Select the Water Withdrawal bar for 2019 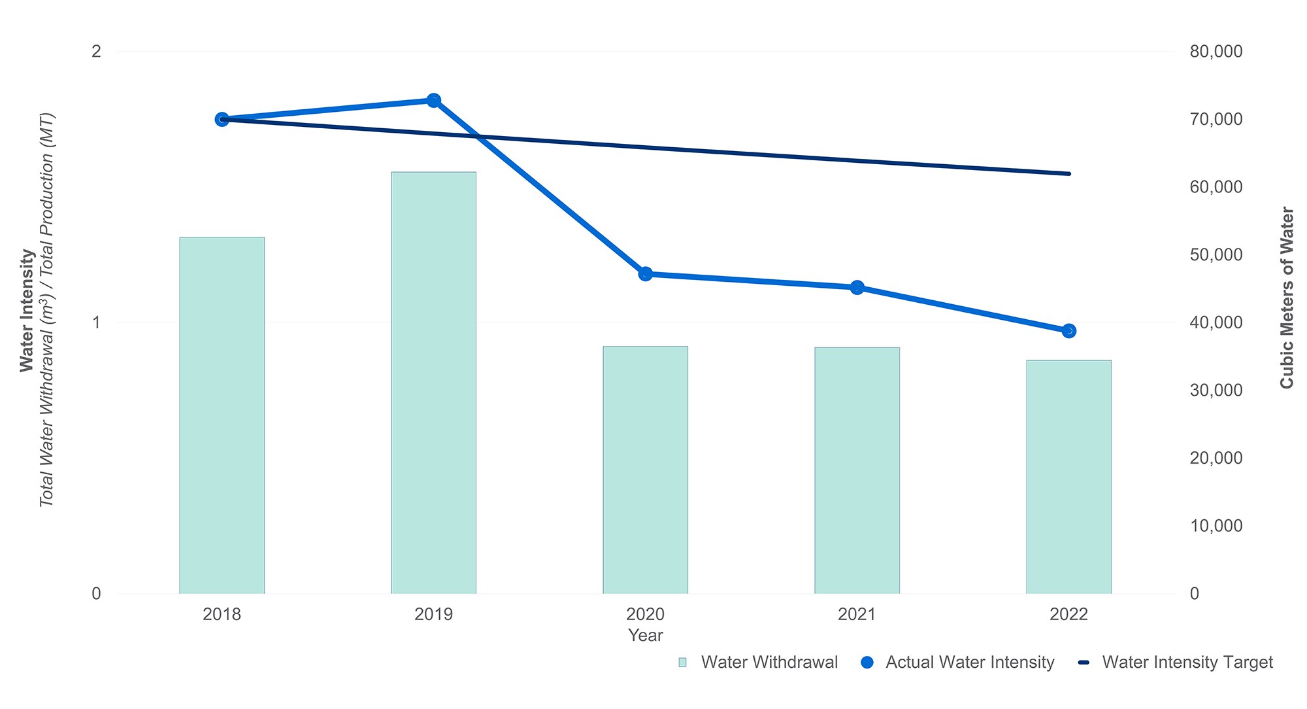433,383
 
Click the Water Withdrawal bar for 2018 222,415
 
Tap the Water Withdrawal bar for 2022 1068,477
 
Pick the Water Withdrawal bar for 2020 645,470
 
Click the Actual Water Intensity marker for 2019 433,100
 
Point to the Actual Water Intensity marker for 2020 645,273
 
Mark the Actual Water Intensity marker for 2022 1068,331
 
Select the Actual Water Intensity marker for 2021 857,287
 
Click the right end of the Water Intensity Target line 1068,173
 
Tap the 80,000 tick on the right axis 1216,51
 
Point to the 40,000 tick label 1216,322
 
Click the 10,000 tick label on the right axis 1216,526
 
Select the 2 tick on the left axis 96,51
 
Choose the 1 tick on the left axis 96,322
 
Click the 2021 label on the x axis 857,614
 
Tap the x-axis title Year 645,635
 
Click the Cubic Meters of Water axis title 1287,298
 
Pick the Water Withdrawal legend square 683,663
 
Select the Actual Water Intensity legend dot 867,663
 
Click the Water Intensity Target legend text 1187,663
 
